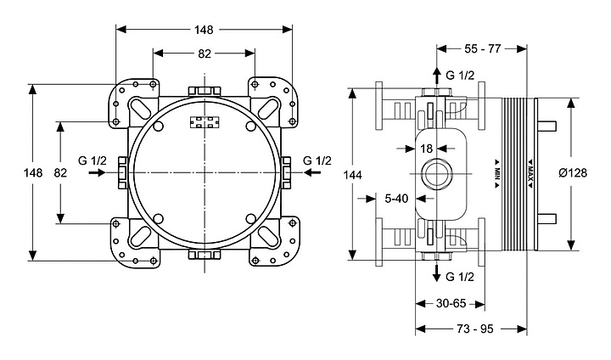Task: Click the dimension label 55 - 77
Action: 481,50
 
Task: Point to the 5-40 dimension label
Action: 396,200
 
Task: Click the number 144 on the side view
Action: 353,174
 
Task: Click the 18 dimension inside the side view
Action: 427,149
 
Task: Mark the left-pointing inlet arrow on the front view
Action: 313,172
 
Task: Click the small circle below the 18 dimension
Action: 438,176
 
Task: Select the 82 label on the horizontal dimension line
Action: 205,53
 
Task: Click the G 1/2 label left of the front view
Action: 92,159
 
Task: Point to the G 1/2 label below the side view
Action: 459,278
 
